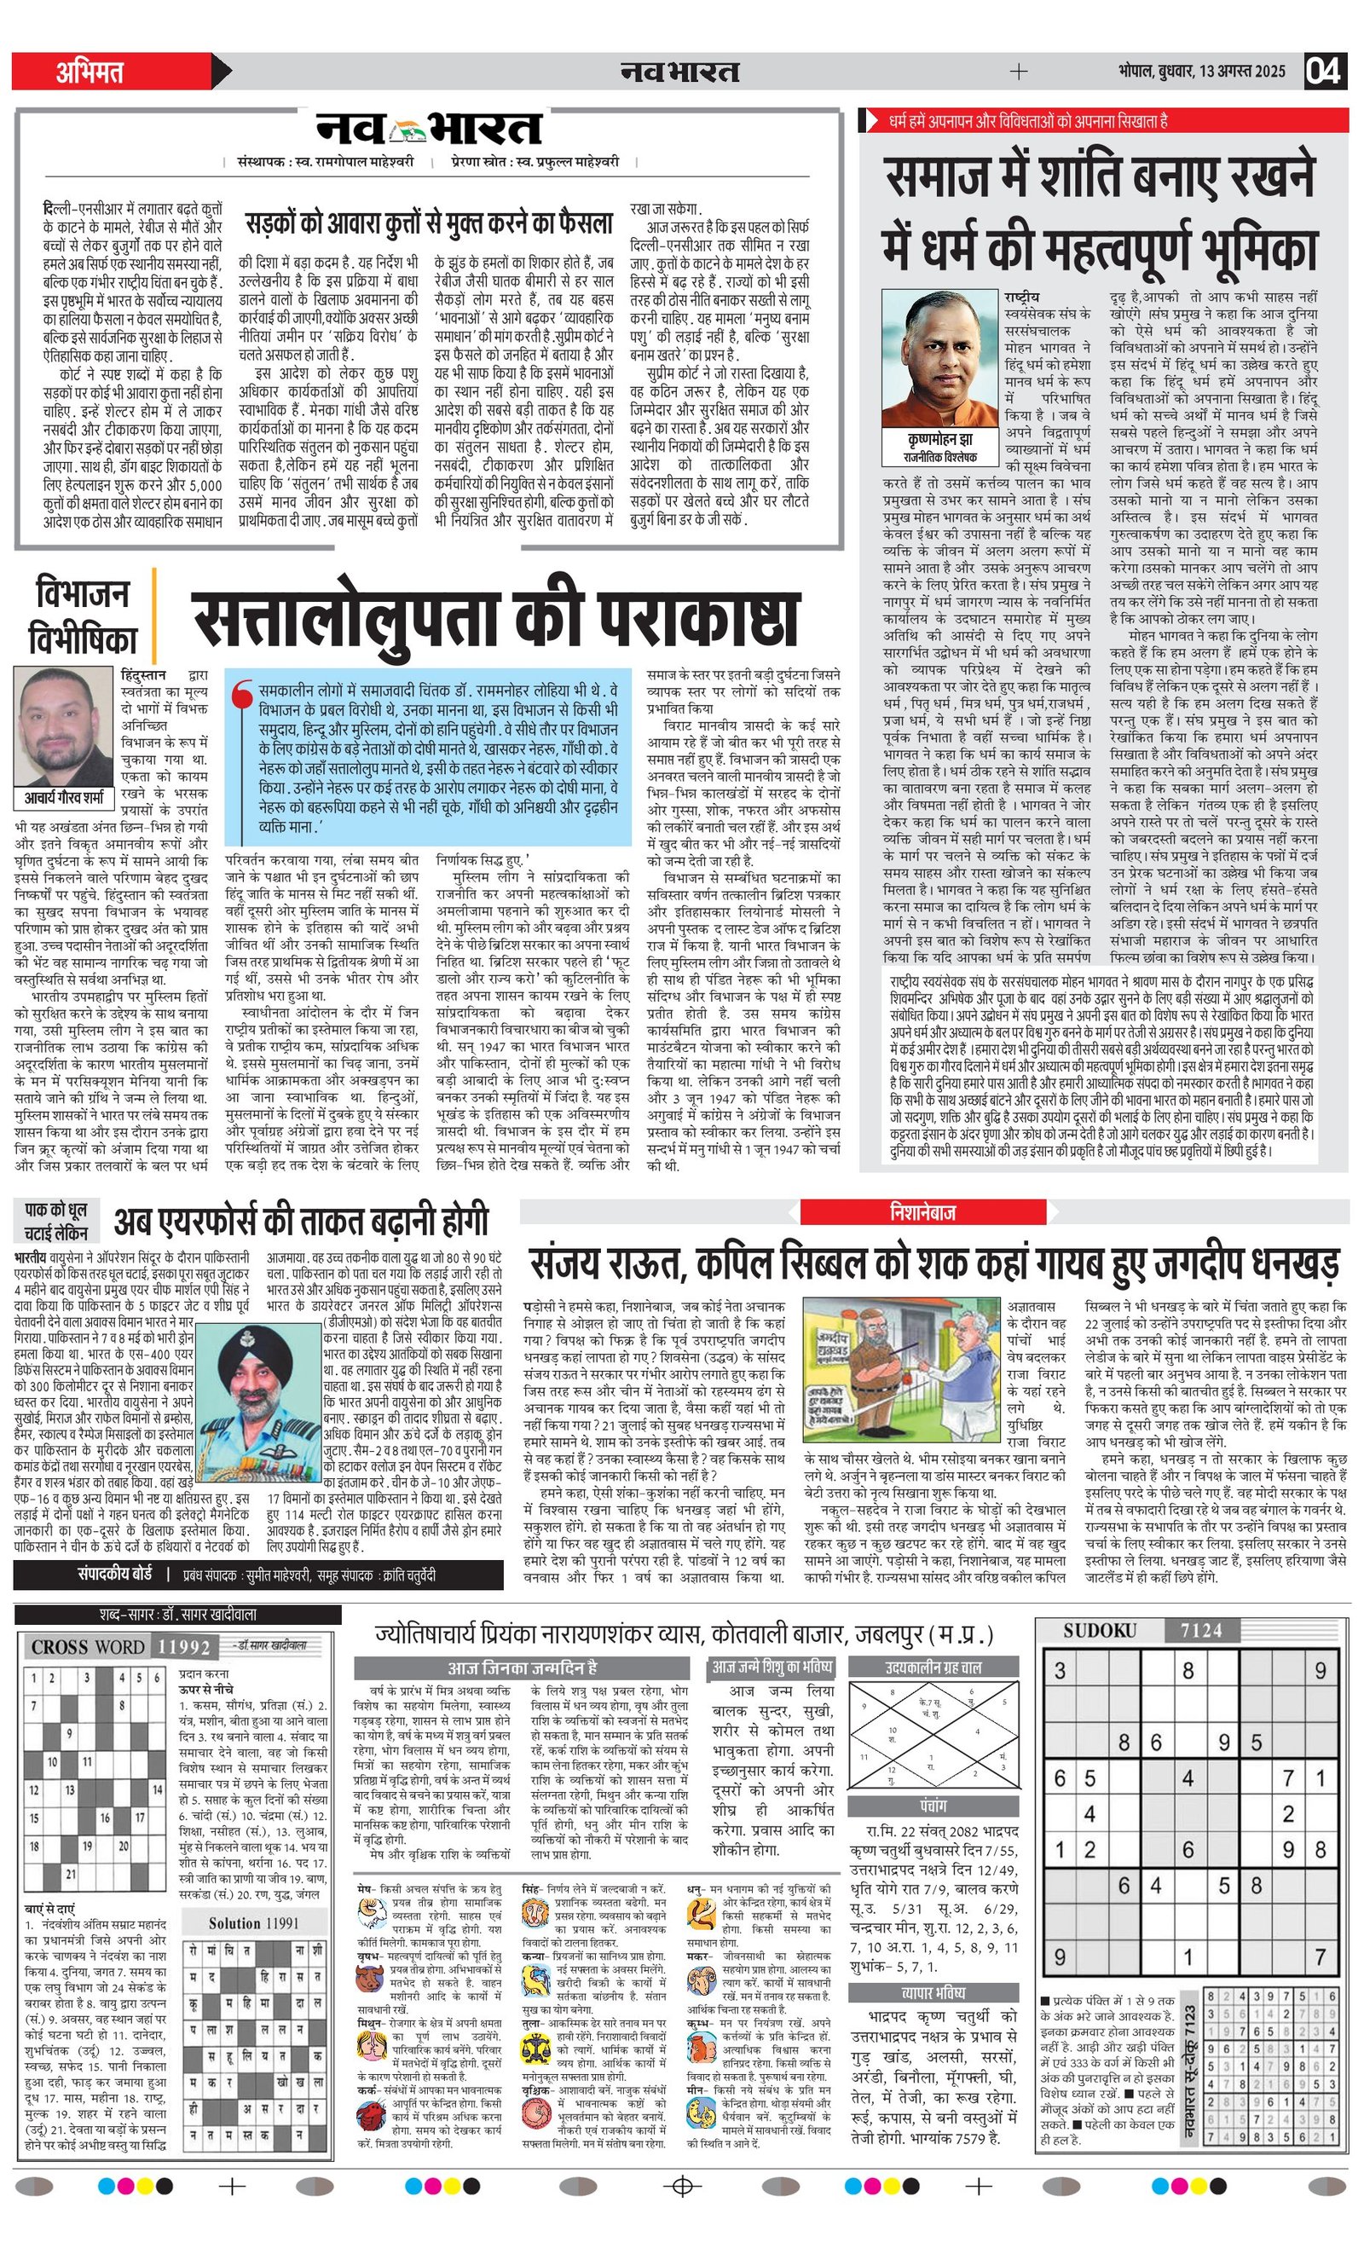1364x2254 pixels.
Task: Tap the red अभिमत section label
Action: click(90, 72)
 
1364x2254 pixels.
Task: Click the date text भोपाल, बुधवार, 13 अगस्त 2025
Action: click(1201, 72)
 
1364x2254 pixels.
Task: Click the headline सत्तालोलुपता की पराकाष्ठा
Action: click(495, 621)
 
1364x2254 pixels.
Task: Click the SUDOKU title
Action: click(1099, 1630)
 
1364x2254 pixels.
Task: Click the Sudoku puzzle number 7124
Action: click(1200, 1630)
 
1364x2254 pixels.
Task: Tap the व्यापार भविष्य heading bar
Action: click(933, 1992)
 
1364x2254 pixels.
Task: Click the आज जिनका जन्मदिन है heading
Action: click(522, 1667)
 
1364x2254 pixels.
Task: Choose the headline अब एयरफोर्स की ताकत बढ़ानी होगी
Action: click(301, 1222)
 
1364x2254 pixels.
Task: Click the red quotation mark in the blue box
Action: click(242, 699)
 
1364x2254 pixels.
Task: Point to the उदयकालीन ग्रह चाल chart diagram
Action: click(933, 1736)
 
